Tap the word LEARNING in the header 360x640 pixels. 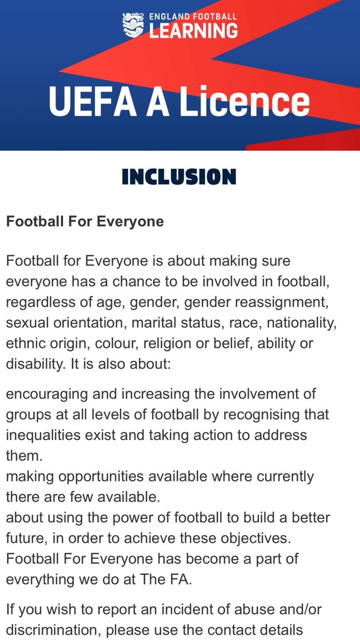pyautogui.click(x=193, y=31)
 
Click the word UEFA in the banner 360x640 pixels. pyautogui.click(x=90, y=102)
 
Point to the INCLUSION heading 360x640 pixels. pyautogui.click(x=179, y=177)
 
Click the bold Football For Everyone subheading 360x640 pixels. pyautogui.click(x=85, y=221)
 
